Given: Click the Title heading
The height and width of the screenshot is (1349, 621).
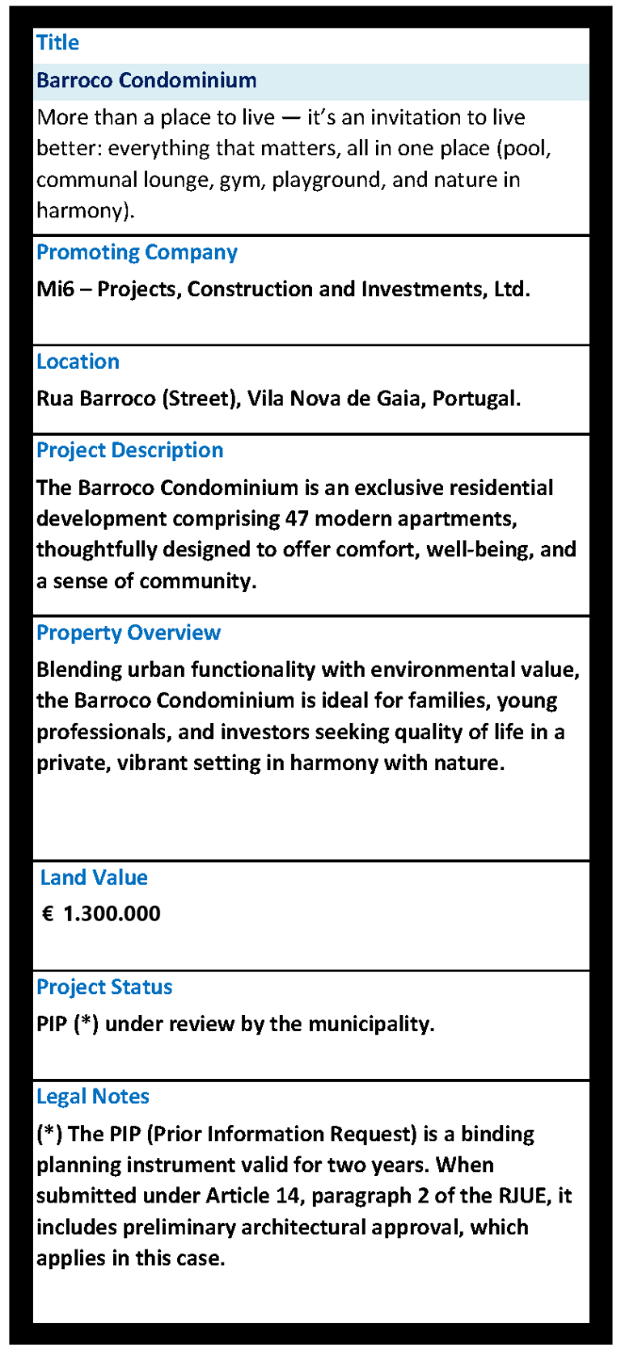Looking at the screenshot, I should click(57, 43).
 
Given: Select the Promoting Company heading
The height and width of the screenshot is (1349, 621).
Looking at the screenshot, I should click(137, 252).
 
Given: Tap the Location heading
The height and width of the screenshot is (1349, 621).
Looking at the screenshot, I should click(78, 362).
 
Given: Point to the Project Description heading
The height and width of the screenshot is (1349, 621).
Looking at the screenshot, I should click(129, 450).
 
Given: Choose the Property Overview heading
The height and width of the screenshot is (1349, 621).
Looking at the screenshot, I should click(128, 632).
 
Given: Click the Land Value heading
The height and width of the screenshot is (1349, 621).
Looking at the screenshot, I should click(94, 877).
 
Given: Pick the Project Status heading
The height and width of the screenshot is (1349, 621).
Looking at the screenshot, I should click(104, 987).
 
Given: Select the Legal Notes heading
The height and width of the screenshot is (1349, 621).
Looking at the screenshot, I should click(93, 1097).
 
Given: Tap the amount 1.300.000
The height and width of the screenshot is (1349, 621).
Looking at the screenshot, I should click(112, 914).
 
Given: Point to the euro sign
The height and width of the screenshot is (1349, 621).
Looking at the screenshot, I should click(48, 914).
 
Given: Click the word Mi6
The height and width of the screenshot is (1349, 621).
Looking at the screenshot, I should click(55, 290).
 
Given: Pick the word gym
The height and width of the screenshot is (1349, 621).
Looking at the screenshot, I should click(238, 180).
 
